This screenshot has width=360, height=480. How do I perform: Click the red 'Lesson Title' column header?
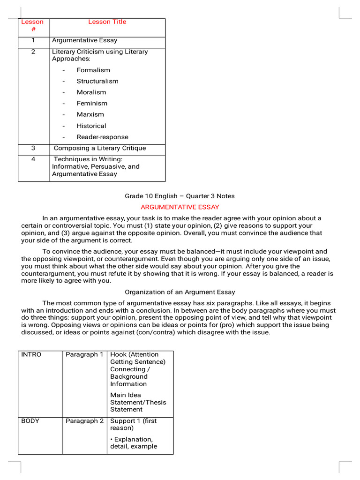pos(107,22)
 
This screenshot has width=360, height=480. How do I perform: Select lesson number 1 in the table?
pos(33,40)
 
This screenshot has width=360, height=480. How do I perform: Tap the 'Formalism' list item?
pos(93,70)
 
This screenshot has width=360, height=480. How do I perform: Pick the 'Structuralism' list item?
pos(97,81)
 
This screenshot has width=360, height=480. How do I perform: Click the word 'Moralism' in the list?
pos(91,92)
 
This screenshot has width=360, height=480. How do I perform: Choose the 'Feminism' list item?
pos(92,104)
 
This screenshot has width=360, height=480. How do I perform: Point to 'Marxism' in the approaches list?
pos(90,114)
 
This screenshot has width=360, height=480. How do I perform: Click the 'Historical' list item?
pos(91,126)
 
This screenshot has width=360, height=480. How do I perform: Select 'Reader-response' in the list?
pos(102,137)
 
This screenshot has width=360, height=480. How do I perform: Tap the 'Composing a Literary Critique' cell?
pos(100,148)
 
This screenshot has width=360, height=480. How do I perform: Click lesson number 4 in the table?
pos(33,159)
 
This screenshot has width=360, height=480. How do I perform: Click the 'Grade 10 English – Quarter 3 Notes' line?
pos(180,196)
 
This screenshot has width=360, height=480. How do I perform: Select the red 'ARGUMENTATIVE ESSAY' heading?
pos(180,207)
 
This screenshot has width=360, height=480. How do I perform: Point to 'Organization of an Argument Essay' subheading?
pos(180,292)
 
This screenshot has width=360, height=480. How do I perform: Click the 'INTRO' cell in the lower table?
pos(31,355)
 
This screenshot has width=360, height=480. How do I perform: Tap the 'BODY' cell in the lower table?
pos(30,421)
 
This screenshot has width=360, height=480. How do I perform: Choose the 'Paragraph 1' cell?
pos(84,355)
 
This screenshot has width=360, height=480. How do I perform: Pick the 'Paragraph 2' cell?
pos(84,421)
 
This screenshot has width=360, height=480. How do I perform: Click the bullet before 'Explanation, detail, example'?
pos(112,440)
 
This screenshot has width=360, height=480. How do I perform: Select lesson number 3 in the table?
pos(33,148)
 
